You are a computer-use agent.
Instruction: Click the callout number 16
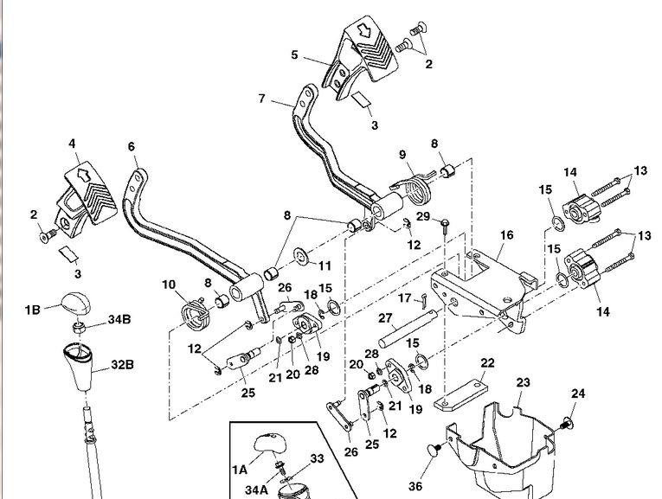(x=506, y=234)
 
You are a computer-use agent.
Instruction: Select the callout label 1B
(x=32, y=307)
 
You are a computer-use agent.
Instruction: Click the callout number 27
(x=386, y=317)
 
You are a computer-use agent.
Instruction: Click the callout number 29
(x=423, y=215)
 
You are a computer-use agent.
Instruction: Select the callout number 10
(x=168, y=284)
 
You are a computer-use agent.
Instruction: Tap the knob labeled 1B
(x=74, y=304)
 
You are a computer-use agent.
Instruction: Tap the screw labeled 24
(x=567, y=422)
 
